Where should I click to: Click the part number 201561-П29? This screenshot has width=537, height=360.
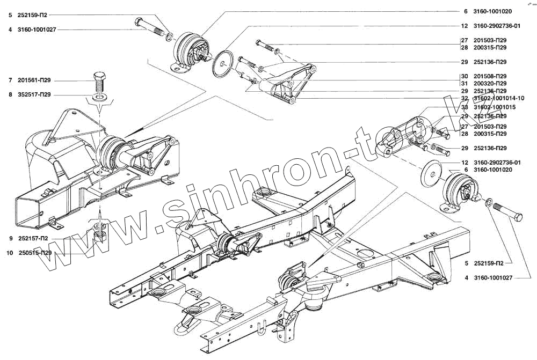click(34, 80)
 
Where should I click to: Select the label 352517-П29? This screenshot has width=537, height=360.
click(34, 94)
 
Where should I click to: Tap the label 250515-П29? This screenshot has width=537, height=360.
click(35, 252)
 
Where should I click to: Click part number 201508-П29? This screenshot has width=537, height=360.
click(490, 76)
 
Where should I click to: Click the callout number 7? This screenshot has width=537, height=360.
click(10, 80)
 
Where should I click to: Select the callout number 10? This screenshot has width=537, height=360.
click(10, 252)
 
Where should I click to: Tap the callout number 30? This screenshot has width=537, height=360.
click(464, 76)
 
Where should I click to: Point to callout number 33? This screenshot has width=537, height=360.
click(464, 107)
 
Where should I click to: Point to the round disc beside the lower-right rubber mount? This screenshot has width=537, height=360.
click(430, 173)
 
